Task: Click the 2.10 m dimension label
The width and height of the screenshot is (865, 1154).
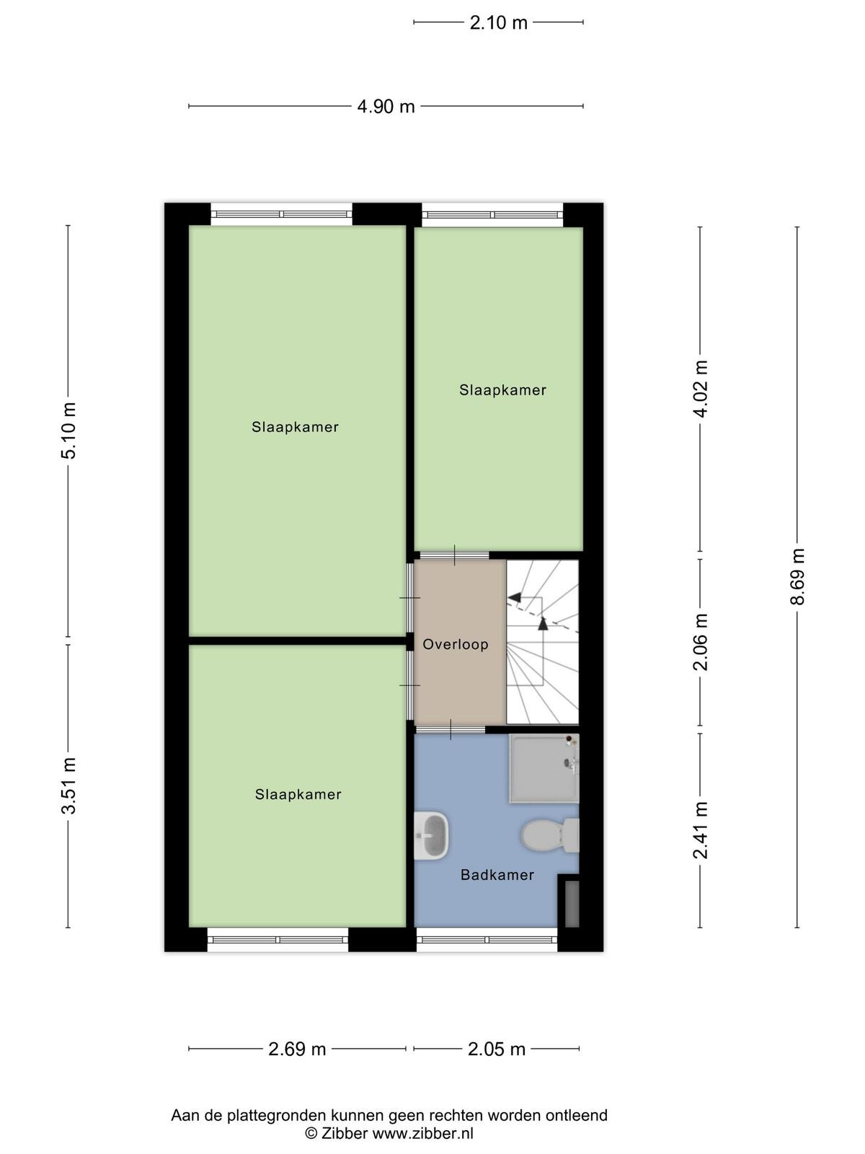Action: pyautogui.click(x=498, y=23)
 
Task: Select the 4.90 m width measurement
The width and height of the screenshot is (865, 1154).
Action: pyautogui.click(x=386, y=107)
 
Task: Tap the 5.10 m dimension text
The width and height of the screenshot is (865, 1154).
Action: pyautogui.click(x=68, y=431)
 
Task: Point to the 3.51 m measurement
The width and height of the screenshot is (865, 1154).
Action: pyautogui.click(x=68, y=786)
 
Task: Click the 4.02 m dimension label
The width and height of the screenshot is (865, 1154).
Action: pyautogui.click(x=701, y=389)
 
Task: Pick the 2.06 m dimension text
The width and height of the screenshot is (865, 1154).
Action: pyautogui.click(x=701, y=642)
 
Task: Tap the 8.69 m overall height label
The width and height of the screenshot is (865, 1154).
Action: pyautogui.click(x=797, y=577)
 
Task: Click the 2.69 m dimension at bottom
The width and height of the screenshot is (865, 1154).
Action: pyautogui.click(x=297, y=1049)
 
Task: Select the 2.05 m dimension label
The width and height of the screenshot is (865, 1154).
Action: pyautogui.click(x=497, y=1049)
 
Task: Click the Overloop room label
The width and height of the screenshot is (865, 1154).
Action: pyautogui.click(x=456, y=645)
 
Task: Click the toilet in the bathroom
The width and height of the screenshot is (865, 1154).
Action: pyautogui.click(x=549, y=835)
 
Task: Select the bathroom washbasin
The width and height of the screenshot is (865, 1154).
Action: pyautogui.click(x=430, y=836)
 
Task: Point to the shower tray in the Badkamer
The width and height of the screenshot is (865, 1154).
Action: pyautogui.click(x=544, y=768)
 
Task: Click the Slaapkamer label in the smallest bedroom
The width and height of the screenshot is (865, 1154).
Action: pyautogui.click(x=502, y=390)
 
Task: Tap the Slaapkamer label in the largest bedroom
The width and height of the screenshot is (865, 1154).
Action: pyautogui.click(x=295, y=427)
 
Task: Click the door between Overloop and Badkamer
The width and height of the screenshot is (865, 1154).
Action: pyautogui.click(x=450, y=729)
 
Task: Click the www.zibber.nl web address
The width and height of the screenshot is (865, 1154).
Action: pyautogui.click(x=423, y=1134)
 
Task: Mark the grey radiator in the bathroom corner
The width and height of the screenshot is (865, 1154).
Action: pyautogui.click(x=572, y=904)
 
